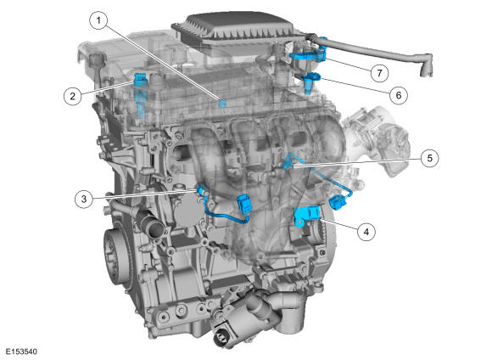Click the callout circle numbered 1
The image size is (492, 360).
(99, 20)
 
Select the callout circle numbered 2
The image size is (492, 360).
(72, 96)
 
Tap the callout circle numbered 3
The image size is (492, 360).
(84, 199)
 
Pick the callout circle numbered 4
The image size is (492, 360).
(366, 232)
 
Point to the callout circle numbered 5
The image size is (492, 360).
(429, 158)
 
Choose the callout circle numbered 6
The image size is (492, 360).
(399, 95)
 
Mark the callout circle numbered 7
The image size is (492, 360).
(380, 73)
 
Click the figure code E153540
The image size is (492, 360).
(21, 352)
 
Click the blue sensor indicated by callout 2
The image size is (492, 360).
(140, 80)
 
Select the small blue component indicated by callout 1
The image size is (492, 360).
(222, 104)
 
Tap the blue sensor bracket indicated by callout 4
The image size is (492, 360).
(306, 215)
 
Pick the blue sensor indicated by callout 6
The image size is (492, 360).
(310, 82)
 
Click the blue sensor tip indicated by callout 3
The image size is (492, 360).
(202, 190)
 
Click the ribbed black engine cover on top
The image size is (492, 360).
(234, 28)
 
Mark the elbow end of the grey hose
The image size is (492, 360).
(426, 65)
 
